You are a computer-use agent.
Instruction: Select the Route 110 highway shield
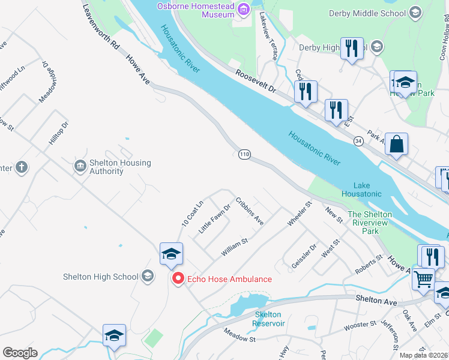point(244,155)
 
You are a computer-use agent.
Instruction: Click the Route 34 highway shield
point(358,140)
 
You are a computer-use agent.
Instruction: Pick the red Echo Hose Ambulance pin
point(178,278)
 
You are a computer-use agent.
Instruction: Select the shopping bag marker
point(396,145)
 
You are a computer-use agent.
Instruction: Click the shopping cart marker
point(423,278)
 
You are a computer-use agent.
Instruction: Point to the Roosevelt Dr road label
point(255,81)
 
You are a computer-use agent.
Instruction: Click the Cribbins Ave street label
point(249,211)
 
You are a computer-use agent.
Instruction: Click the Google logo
point(20,353)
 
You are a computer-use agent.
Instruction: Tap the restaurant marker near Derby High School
point(352,48)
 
